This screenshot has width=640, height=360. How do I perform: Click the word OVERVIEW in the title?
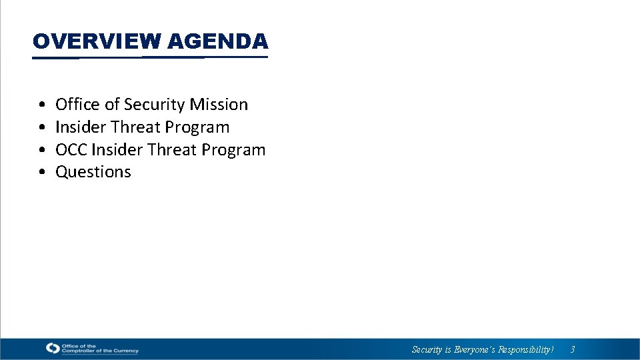(x=97, y=41)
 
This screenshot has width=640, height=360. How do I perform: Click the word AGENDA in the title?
(x=218, y=41)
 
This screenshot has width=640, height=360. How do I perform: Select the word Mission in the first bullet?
(x=219, y=105)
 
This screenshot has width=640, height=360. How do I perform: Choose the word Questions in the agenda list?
(x=93, y=172)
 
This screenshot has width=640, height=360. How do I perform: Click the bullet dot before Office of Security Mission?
(x=42, y=105)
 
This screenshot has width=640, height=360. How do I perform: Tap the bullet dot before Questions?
(x=42, y=173)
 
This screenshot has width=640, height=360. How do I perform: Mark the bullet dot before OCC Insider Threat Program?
(x=42, y=151)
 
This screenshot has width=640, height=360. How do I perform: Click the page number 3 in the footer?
(x=572, y=349)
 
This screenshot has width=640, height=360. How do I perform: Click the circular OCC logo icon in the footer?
(x=53, y=348)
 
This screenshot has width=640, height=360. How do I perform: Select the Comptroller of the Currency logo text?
(x=99, y=348)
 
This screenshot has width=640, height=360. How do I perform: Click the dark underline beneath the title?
(x=150, y=57)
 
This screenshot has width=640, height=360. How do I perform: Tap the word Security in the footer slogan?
(x=427, y=349)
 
